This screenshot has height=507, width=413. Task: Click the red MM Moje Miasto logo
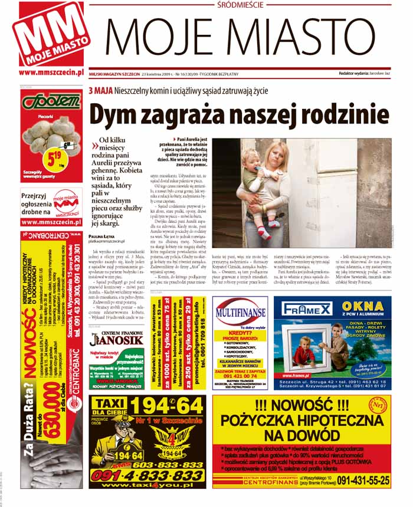click(x=50, y=34)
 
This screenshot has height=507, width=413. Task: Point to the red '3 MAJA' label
click(x=101, y=92)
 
